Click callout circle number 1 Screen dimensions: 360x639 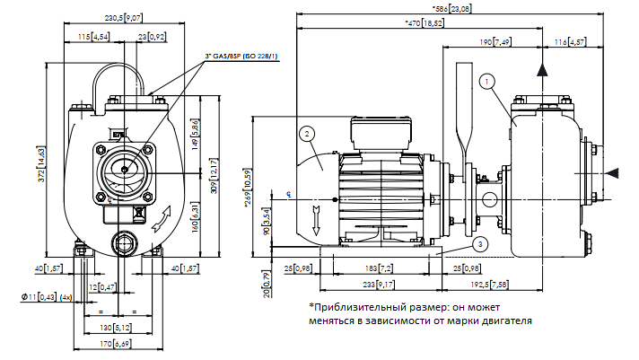[485, 83]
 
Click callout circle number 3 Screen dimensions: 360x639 [481, 244]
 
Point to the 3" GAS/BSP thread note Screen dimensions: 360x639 [241, 57]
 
